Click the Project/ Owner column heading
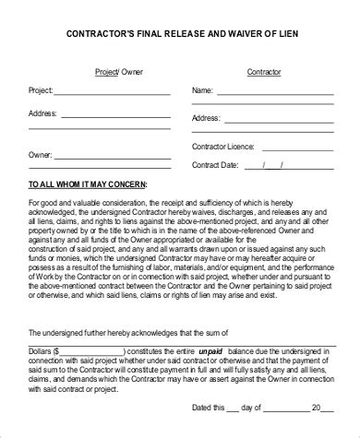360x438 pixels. point(113,71)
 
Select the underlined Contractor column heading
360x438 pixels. point(264,71)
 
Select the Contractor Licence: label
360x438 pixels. point(222,147)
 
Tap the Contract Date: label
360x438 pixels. point(216,165)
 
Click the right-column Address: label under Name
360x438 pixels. point(207,119)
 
